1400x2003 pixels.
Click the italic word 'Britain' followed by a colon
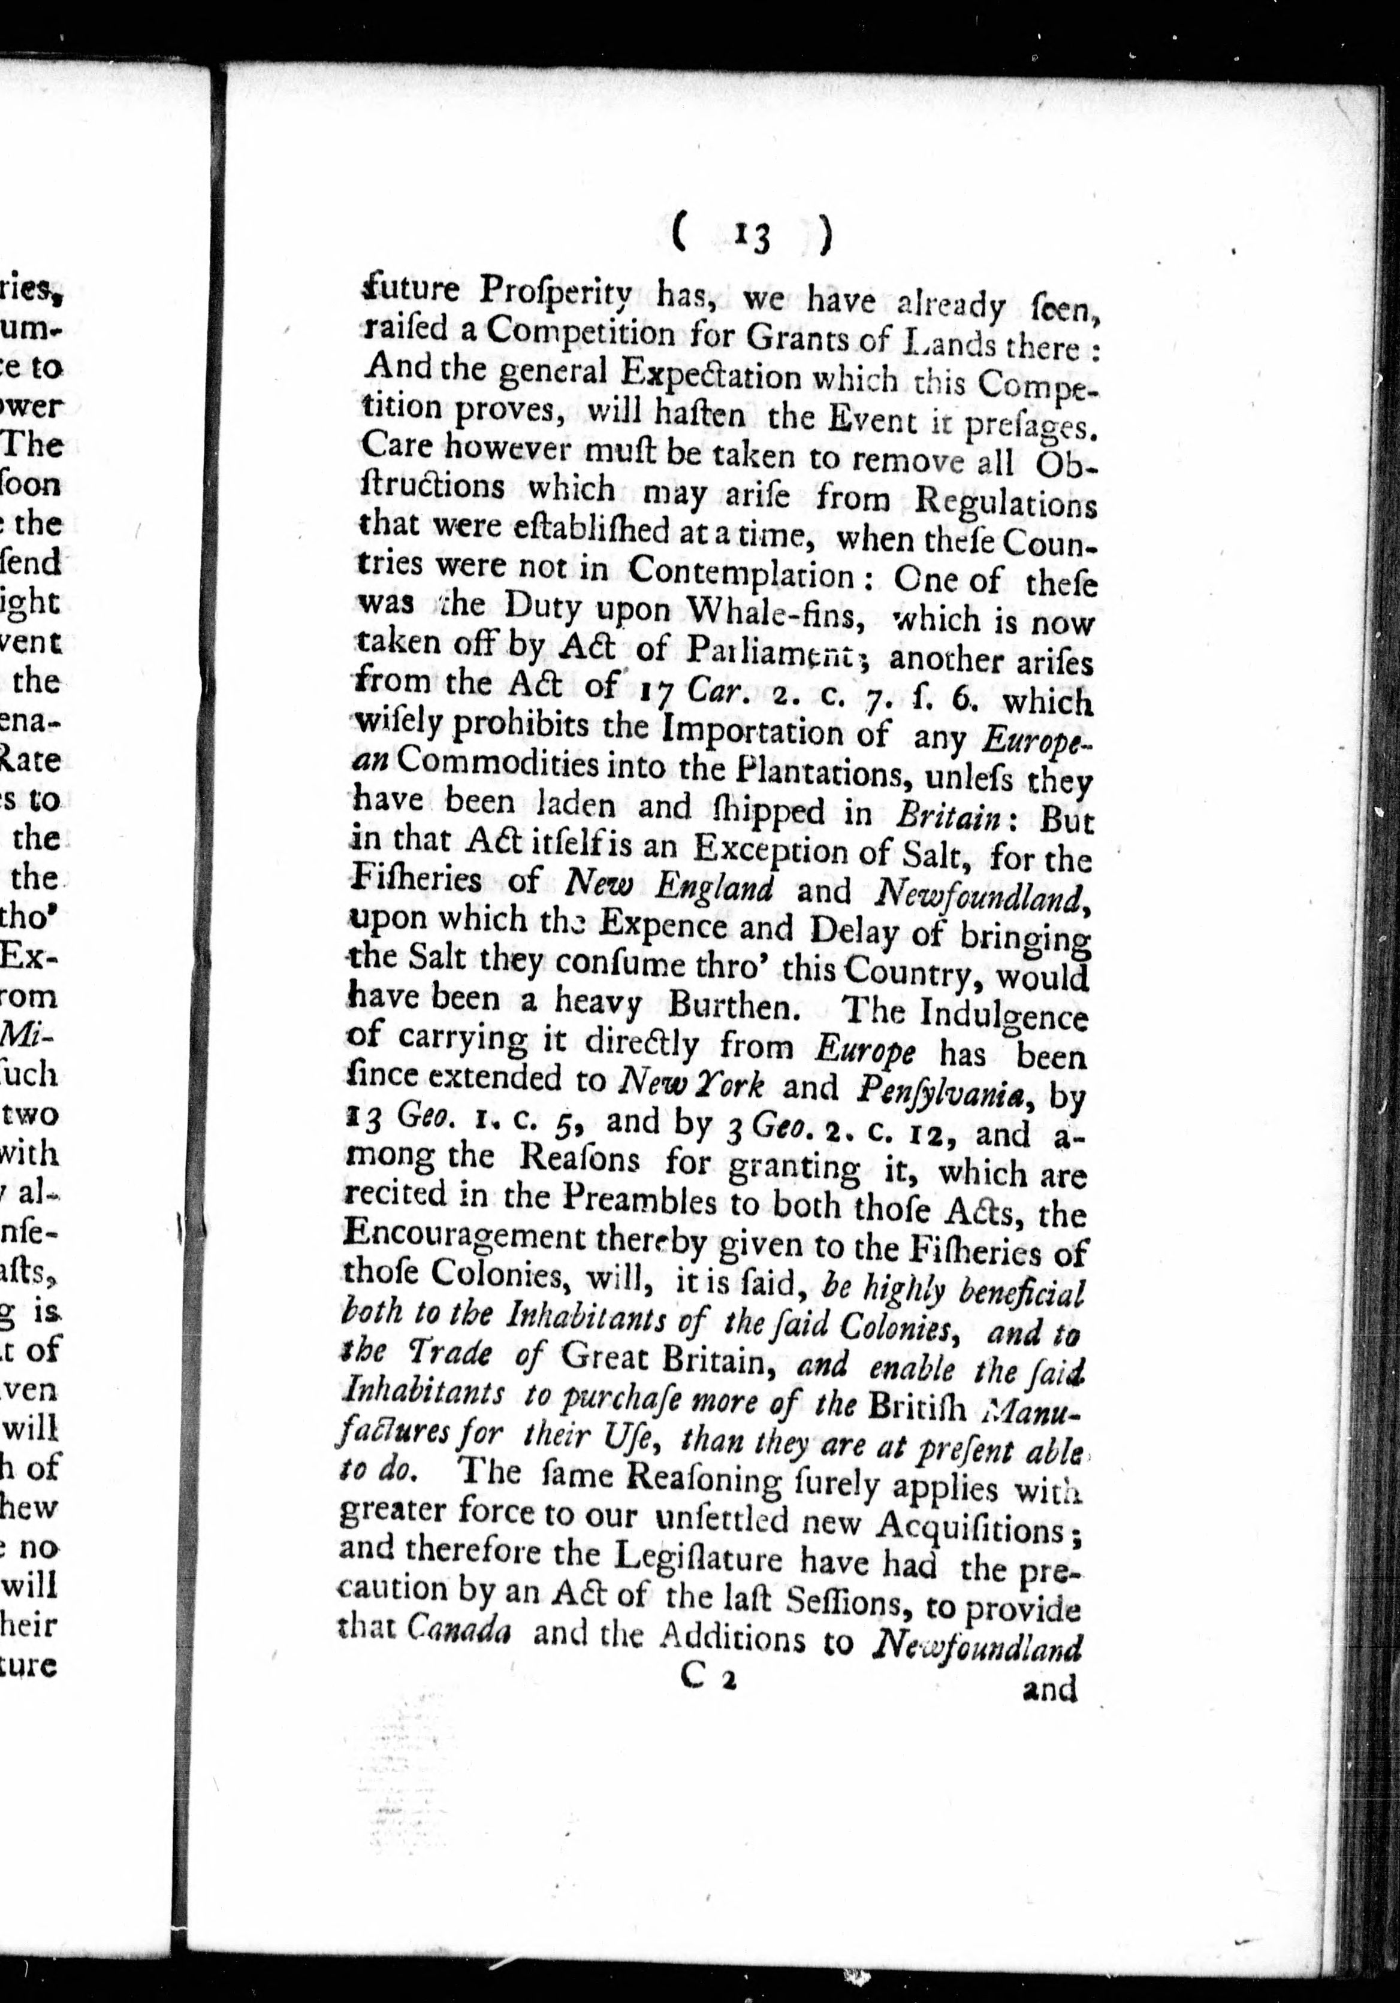pos(947,816)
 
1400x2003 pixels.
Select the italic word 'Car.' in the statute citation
pos(711,692)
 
